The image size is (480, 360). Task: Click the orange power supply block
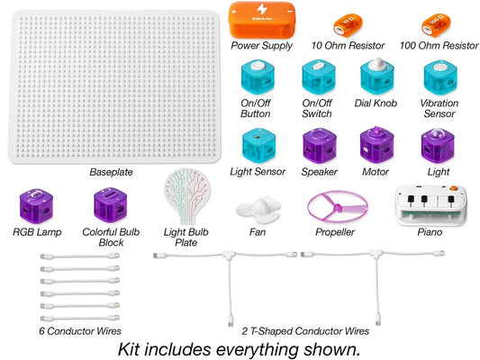[262, 20]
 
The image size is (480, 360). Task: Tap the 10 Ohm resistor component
[348, 24]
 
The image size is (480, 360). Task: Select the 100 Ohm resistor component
[437, 24]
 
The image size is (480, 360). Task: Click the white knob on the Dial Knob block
[376, 64]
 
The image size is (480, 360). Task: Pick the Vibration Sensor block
[440, 77]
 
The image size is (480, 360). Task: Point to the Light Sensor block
[258, 146]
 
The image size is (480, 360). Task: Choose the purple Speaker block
[320, 146]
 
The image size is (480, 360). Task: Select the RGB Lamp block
[36, 206]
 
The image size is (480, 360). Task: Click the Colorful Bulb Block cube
[110, 205]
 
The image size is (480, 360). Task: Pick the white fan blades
[258, 210]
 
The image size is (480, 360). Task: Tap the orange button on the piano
[453, 188]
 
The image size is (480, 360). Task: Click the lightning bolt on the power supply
[262, 10]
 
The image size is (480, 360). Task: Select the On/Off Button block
[258, 77]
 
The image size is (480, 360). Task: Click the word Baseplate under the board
[111, 172]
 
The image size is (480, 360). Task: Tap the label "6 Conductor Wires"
[80, 331]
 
